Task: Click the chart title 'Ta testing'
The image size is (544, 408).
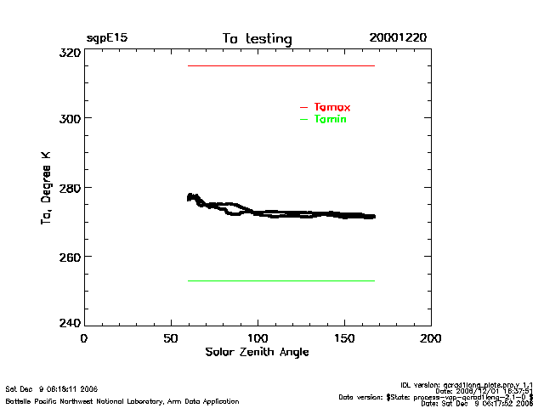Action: [x=257, y=39]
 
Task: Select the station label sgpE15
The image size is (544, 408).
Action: [x=107, y=38]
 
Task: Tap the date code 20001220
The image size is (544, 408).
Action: [x=398, y=38]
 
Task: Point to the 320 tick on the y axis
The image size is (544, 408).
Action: [x=69, y=53]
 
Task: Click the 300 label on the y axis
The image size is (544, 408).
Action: [x=69, y=118]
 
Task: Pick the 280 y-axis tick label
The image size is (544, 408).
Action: [x=69, y=188]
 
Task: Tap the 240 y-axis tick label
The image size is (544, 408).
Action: [x=69, y=323]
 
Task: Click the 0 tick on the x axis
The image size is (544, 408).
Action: [x=83, y=338]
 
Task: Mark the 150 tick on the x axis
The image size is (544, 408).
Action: [x=344, y=338]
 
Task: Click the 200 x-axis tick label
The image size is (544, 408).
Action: [x=431, y=338]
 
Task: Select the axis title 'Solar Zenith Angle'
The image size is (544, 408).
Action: [x=257, y=352]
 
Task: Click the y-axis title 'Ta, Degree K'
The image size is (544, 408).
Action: [x=45, y=189]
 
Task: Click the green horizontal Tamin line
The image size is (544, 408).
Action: [x=280, y=280]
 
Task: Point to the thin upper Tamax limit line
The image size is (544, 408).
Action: [x=280, y=65]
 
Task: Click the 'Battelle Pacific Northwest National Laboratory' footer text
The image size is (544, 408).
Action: [x=122, y=400]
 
